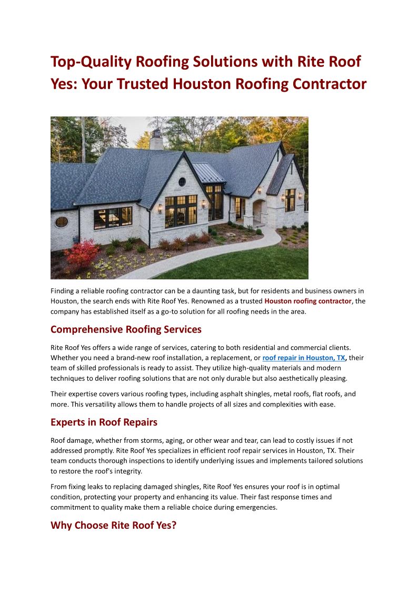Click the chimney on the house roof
pos(156,140)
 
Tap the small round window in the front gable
pos(182,182)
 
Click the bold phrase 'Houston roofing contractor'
pos(308,301)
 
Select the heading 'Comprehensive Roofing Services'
pos(126,329)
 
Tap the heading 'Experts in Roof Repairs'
pos(104,422)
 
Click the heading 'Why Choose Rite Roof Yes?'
pos(113,526)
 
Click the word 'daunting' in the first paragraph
pos(215,291)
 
